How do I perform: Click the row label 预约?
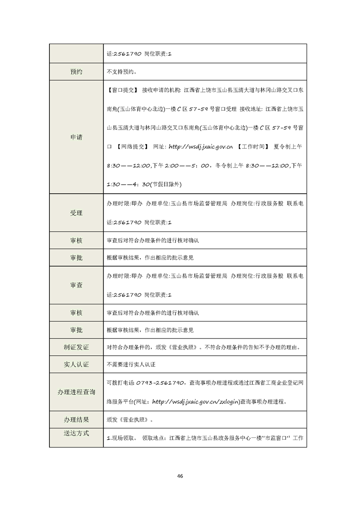click(76, 71)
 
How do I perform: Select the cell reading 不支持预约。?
click(122, 72)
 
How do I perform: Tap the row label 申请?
click(76, 137)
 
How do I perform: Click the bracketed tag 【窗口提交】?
click(123, 90)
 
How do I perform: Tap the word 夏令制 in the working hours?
click(282, 147)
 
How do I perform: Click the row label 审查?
click(76, 285)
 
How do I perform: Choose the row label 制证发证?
click(76, 347)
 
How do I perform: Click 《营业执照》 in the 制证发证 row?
click(183, 347)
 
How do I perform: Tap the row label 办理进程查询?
click(76, 392)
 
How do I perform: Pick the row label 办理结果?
click(76, 420)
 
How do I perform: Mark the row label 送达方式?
click(76, 433)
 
